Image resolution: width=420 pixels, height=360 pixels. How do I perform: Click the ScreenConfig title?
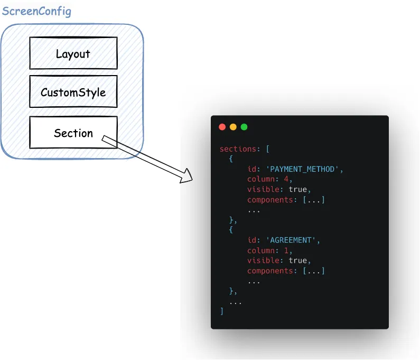tap(36, 11)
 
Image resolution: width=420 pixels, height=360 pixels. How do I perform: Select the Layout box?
tap(73, 53)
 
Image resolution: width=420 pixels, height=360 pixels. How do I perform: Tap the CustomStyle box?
tap(73, 93)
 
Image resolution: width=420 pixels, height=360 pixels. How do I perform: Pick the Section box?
tap(73, 133)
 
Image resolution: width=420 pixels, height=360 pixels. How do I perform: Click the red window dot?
tap(222, 127)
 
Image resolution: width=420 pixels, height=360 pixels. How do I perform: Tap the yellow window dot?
tap(233, 127)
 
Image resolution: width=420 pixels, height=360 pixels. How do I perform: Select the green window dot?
tap(244, 127)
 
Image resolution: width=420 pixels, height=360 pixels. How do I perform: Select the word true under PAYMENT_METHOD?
tap(297, 189)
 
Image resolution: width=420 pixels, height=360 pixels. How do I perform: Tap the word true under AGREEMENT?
tap(297, 260)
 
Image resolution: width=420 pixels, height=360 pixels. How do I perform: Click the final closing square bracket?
tap(222, 311)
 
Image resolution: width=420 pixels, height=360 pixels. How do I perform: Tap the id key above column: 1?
tap(251, 240)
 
